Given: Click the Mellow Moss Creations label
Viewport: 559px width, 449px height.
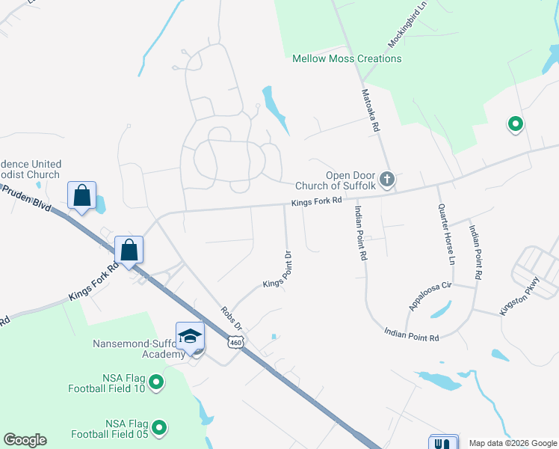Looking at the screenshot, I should point(347,58).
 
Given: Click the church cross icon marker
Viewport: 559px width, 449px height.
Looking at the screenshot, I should point(386,179).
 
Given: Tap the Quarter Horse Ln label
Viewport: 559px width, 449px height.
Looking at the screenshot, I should point(447,235).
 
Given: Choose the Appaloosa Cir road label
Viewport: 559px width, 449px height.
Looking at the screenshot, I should point(430,296).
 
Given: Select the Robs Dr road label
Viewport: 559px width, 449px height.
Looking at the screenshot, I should point(232,318).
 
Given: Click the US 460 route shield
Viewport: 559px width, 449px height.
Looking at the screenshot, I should point(235,343).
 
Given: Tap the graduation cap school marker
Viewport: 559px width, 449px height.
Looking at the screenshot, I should point(190,335).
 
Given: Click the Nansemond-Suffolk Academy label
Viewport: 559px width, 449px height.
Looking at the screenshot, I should point(139,349).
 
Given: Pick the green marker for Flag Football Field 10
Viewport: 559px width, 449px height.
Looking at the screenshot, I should point(156,383).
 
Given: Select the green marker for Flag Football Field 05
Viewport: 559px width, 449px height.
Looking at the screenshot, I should point(158,428).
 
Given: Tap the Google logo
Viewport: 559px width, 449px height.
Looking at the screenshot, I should point(25,440).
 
